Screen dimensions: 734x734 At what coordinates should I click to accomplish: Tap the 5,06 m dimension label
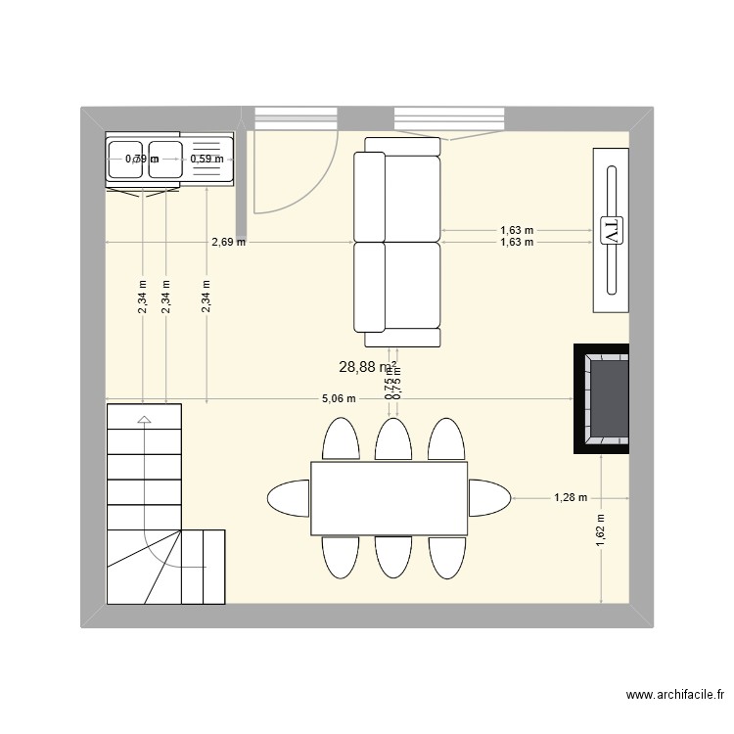(339, 399)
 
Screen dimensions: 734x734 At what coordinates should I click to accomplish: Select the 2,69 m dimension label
(228, 241)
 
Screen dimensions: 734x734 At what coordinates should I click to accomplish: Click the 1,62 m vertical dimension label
(600, 534)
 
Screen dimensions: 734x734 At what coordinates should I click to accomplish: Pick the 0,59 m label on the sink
(206, 159)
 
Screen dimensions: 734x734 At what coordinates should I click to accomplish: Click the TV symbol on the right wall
(610, 232)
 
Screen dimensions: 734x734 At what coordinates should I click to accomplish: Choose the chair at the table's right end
(488, 497)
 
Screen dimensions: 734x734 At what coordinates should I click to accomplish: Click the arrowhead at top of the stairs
(144, 420)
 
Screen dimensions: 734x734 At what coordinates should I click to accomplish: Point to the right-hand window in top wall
(449, 118)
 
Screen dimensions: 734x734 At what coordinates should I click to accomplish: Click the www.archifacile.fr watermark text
(674, 696)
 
